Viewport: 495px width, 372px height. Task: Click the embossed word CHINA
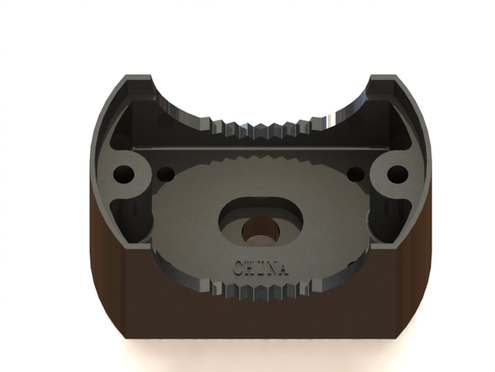[261, 268]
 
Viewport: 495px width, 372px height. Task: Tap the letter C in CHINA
[238, 268]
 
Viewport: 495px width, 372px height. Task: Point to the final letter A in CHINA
[282, 269]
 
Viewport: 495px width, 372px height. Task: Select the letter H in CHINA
[250, 268]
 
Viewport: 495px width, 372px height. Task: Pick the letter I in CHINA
[259, 268]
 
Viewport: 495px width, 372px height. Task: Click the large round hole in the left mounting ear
[124, 174]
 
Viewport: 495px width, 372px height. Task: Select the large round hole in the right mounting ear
[398, 174]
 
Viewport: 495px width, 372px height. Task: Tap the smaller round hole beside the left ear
[166, 174]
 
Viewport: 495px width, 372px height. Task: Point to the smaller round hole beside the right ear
[356, 174]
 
